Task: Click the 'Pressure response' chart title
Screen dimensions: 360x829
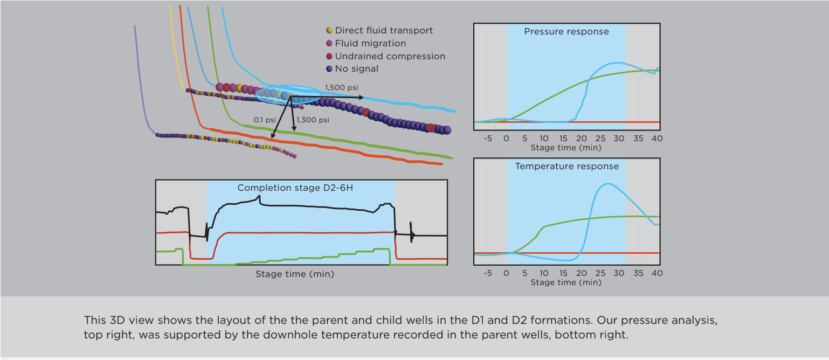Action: coord(567,32)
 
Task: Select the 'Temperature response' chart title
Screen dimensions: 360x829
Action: coord(567,167)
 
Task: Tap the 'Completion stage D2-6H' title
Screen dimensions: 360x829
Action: coord(295,188)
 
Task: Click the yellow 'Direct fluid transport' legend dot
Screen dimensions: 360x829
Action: coord(329,31)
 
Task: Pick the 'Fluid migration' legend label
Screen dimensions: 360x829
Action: coord(370,43)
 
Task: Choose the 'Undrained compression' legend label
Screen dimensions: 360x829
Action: coord(390,56)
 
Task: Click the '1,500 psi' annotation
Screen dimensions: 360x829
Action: coord(341,87)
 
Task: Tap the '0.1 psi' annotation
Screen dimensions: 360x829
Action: coord(265,120)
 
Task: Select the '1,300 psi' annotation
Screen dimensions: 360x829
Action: coord(313,120)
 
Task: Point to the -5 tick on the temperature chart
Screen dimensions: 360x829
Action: coord(488,273)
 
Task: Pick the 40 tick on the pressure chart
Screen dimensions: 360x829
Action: coord(657,139)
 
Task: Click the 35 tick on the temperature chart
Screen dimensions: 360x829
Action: coord(639,273)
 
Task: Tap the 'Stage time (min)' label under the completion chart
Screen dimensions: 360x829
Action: coord(295,274)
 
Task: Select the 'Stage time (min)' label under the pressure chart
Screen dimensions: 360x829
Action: coord(566,147)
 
